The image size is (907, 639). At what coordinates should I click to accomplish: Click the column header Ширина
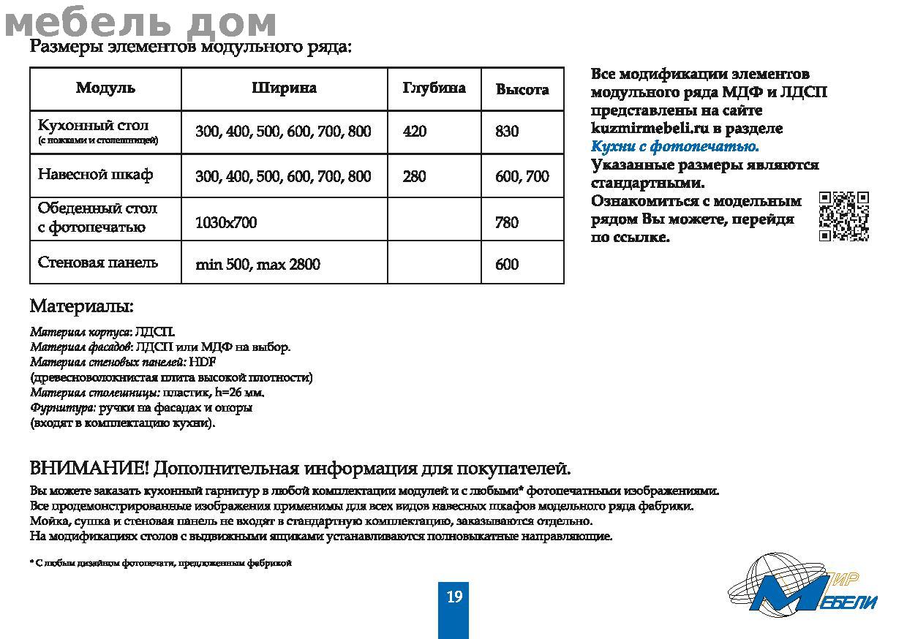[x=284, y=88]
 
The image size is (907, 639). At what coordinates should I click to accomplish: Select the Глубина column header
[x=434, y=88]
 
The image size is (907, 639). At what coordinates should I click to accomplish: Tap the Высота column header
[x=522, y=89]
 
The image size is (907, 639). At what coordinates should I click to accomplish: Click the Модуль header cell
[x=105, y=88]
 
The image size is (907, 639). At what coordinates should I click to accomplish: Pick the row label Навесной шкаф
[x=95, y=175]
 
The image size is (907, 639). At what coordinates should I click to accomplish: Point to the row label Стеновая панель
[x=97, y=262]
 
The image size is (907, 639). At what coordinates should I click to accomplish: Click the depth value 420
[x=414, y=132]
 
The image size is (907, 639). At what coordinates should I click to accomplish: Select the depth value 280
[x=414, y=176]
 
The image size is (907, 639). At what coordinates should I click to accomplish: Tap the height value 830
[x=507, y=132]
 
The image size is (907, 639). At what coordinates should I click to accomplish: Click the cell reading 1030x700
[x=226, y=222]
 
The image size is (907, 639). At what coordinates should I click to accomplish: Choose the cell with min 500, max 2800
[x=257, y=265]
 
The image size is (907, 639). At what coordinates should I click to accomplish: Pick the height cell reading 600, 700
[x=522, y=176]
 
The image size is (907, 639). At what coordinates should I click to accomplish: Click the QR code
[x=843, y=216]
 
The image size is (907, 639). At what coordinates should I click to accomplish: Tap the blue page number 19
[x=453, y=597]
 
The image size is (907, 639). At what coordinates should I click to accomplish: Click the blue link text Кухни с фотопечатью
[x=674, y=146]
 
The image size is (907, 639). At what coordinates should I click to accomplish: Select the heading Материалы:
[x=81, y=306]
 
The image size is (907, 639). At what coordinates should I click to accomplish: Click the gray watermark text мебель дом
[x=140, y=23]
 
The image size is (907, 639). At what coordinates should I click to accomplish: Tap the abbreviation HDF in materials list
[x=203, y=362]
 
